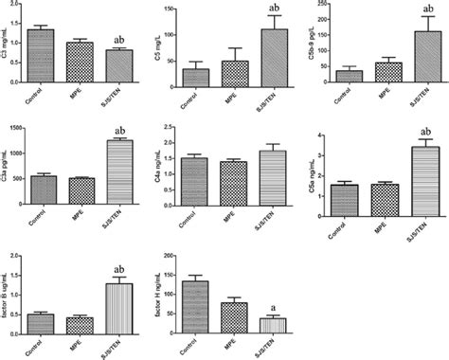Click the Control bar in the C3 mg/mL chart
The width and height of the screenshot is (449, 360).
[41, 59]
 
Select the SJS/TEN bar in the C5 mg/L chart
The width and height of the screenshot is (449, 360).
[274, 61]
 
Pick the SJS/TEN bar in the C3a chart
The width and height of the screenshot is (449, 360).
[119, 171]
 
